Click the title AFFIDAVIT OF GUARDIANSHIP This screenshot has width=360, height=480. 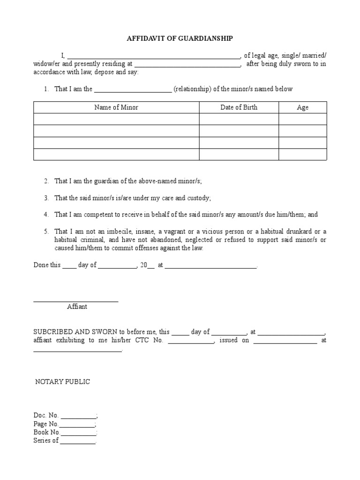point(180,39)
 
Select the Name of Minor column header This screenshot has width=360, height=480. point(116,107)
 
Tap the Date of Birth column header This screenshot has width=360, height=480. point(239,107)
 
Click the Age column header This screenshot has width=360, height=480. point(302,107)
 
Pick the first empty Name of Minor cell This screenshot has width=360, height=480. point(116,119)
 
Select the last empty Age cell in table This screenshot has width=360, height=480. point(302,155)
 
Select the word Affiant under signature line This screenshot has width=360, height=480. point(77,307)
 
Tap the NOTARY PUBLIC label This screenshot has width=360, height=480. point(63,382)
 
